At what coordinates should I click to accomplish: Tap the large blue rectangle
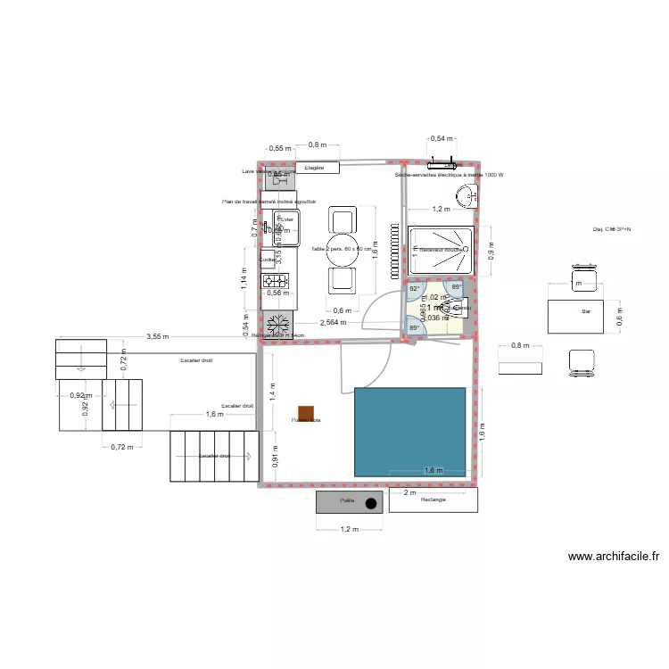coord(410,431)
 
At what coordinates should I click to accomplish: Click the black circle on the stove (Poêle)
coord(370,503)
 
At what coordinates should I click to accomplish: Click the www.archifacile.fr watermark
coord(615,557)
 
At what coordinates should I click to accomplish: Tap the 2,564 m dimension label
coord(333,323)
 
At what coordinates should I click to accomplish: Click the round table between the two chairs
coord(343,250)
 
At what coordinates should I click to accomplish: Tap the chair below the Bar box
coord(582,360)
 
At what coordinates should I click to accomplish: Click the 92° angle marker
coord(414,289)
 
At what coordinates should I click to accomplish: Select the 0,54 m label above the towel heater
coord(441,139)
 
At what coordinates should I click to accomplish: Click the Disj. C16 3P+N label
coord(612,230)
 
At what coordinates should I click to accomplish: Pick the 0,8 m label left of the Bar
coord(518,346)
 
